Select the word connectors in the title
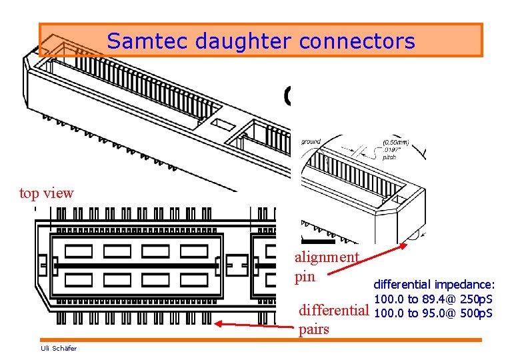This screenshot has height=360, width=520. point(357,41)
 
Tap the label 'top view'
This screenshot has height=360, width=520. point(47,193)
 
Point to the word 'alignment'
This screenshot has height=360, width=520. point(327,257)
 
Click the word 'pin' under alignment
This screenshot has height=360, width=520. point(305,276)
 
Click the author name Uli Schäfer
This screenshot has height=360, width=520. point(59,348)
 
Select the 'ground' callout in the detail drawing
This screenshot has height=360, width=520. point(311,141)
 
